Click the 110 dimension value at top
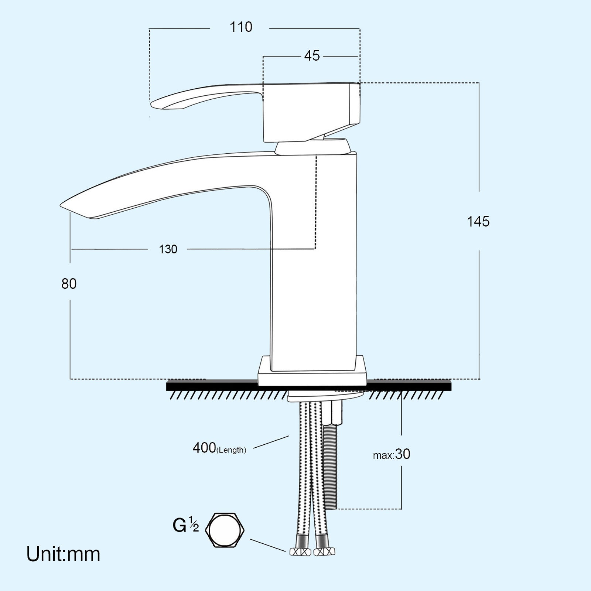click(241, 27)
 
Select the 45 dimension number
click(312, 56)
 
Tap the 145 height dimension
click(478, 222)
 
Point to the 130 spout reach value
click(168, 249)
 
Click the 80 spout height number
click(69, 284)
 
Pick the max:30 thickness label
click(392, 454)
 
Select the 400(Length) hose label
click(219, 448)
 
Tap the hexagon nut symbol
click(225, 530)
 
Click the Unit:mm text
click(63, 554)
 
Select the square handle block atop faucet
click(310, 111)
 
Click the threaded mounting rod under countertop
click(332, 465)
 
